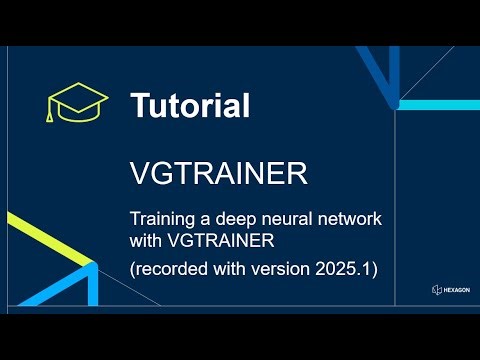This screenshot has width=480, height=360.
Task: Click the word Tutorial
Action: click(189, 104)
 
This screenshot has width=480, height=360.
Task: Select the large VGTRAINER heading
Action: click(218, 174)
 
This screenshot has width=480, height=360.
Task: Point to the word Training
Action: click(163, 218)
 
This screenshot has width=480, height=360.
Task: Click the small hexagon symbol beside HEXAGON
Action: click(437, 290)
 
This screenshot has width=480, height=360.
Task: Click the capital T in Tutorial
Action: click(140, 104)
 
